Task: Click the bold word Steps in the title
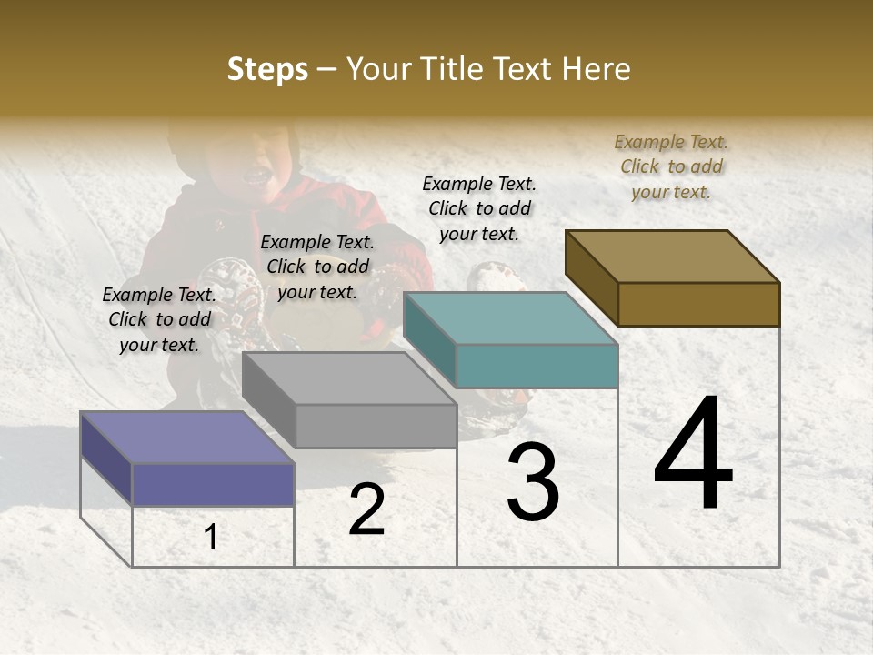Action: (x=267, y=69)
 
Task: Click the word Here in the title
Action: (x=597, y=69)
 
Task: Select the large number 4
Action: (x=694, y=454)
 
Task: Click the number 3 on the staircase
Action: (x=533, y=483)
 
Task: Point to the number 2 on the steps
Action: (x=366, y=510)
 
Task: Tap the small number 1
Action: (x=210, y=538)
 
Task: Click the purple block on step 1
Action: (x=212, y=483)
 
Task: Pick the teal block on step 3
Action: (x=536, y=365)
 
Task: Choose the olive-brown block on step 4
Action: (x=697, y=303)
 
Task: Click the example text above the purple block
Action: (x=159, y=319)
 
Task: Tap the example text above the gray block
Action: (x=317, y=267)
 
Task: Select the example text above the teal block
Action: (x=479, y=208)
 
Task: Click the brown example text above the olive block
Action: (x=671, y=166)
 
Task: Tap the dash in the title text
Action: (x=327, y=69)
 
